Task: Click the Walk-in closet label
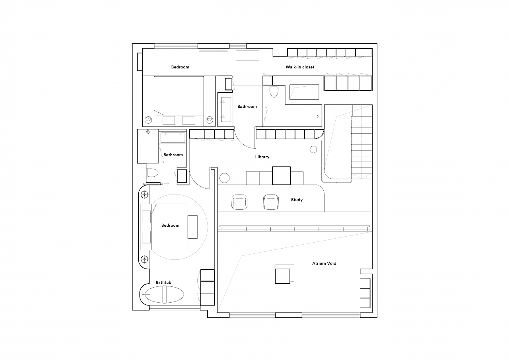300,67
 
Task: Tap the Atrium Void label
324,263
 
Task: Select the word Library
262,157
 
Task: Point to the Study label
297,200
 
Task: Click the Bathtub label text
163,282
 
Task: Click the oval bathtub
164,294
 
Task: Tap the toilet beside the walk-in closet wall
274,91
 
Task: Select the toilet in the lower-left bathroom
152,173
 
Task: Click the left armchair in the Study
239,202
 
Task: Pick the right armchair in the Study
271,202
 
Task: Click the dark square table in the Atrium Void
282,276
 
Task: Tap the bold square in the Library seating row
281,176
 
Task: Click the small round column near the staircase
313,150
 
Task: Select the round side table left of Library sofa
225,178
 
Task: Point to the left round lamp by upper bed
148,120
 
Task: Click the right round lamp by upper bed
209,120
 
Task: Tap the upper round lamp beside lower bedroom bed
144,195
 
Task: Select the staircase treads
362,148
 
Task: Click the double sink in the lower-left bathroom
173,138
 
